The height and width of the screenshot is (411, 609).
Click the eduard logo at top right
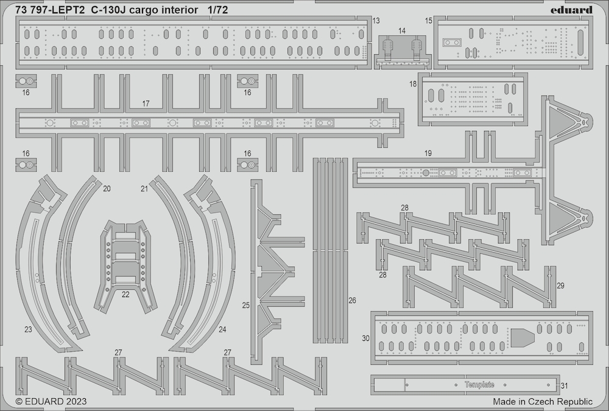pos(571,9)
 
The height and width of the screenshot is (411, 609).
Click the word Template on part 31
pos(479,385)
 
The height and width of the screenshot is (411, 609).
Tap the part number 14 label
pos(402,30)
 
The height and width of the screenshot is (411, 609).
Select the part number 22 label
pos(125,295)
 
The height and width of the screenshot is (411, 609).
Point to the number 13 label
pos(376,21)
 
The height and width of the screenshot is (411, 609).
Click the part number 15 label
pos(428,21)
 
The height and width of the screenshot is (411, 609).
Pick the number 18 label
pos(412,84)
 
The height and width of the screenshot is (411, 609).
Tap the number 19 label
pos(428,153)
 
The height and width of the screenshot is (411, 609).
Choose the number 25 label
pos(246,305)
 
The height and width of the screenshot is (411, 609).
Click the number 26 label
pos(352,300)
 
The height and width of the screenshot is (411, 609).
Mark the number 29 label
pos(560,286)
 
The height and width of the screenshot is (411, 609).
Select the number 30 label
pos(365,339)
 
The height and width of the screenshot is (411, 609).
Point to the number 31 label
pos(565,386)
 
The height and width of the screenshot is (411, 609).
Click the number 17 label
pos(146,104)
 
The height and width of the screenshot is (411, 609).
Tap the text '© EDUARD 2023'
pos(51,401)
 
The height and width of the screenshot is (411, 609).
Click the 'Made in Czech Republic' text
pos(543,401)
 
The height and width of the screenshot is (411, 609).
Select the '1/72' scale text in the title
pos(217,10)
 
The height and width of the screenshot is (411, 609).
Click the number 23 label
pos(28,329)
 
